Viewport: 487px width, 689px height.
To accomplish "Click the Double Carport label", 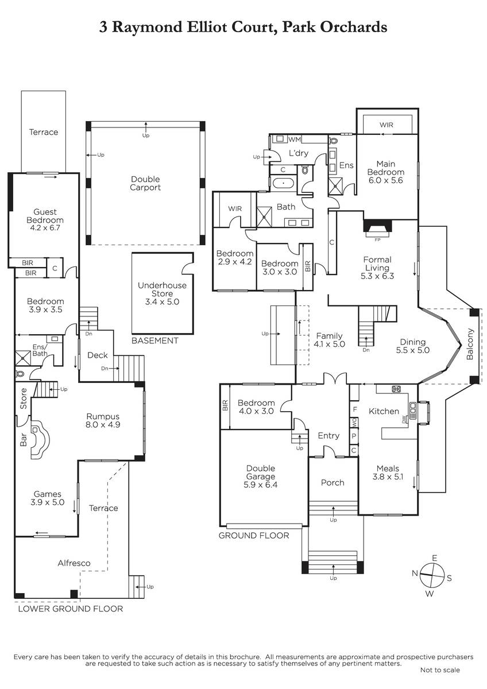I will point(145,183).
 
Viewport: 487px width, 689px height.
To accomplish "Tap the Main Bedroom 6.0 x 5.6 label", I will point(390,172).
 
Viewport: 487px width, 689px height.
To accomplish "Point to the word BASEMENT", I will point(155,340).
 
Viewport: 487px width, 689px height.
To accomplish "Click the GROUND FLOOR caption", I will point(254,536).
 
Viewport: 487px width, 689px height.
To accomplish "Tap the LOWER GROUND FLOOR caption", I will point(71,609).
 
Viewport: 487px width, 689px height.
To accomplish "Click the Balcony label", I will point(470,343).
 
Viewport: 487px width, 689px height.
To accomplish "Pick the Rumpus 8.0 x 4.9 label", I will point(103,421).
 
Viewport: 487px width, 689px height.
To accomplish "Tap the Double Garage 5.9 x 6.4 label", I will point(261,477).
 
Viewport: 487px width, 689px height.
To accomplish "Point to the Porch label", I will point(333,482).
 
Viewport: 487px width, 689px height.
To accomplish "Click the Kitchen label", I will point(384,411).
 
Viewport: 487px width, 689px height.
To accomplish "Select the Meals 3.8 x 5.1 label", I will point(389,472).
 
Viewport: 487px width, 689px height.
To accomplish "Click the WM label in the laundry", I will point(295,139).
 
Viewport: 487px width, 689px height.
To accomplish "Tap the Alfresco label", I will point(74,563).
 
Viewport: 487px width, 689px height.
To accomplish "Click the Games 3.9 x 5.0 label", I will point(47,498).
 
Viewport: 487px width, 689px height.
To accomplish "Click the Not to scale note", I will point(439,669).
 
